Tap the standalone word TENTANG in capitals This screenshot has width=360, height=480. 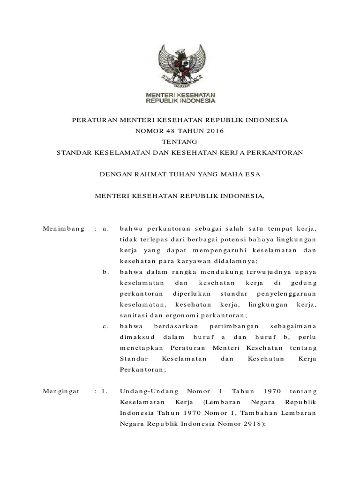point(180,142)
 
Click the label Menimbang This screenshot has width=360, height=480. point(63,228)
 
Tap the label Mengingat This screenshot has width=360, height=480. point(62,390)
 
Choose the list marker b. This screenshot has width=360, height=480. point(105,271)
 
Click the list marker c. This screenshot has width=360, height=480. point(105,326)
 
